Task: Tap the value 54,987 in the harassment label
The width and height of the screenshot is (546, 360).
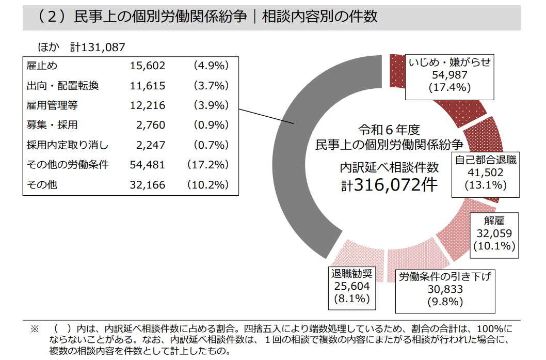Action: click(x=449, y=75)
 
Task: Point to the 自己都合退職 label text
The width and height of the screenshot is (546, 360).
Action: click(x=486, y=160)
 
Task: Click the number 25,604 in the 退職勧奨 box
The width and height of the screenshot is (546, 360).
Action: click(x=351, y=286)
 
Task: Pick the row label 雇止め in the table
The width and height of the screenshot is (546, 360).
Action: click(x=42, y=66)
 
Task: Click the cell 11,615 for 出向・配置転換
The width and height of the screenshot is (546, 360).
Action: click(x=148, y=86)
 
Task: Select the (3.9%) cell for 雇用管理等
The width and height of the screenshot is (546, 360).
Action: click(x=211, y=105)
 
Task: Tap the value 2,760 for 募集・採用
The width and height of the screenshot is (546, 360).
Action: click(x=151, y=125)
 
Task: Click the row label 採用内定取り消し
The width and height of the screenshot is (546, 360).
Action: click(x=68, y=145)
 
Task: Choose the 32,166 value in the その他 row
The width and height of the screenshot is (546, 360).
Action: click(x=148, y=185)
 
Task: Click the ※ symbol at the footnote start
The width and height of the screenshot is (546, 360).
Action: click(x=35, y=328)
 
